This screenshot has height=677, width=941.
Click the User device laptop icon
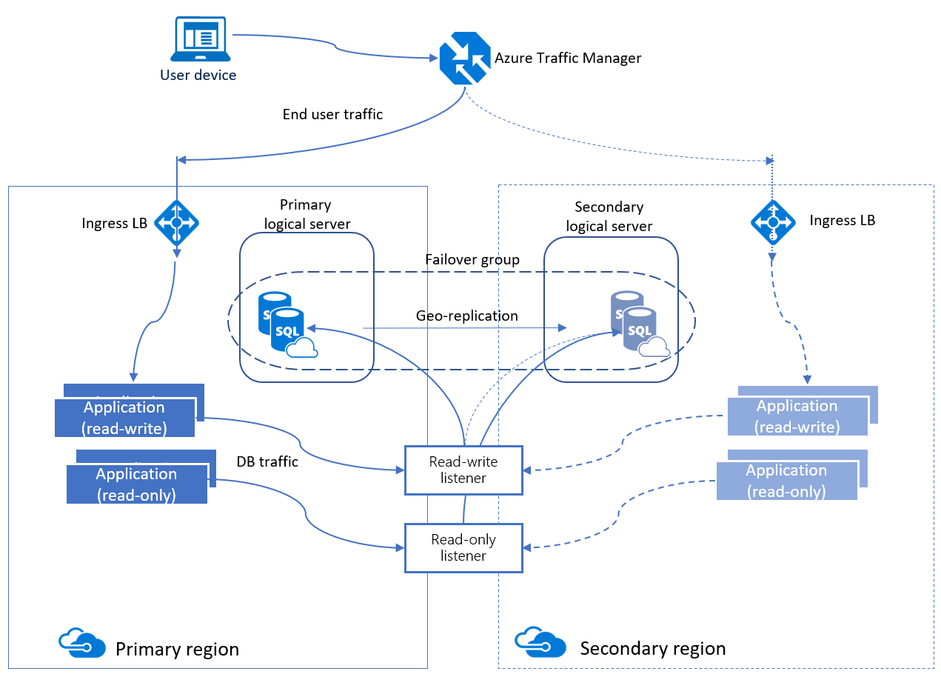point(198,40)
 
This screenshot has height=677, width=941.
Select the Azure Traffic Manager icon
point(464,59)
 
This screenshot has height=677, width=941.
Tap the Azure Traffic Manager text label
point(567,59)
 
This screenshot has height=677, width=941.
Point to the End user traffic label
point(332,114)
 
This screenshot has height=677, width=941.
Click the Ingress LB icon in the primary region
point(176,222)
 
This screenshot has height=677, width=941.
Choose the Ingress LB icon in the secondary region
point(773,221)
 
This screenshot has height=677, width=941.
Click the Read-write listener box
point(463,470)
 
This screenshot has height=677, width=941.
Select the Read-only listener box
point(463,547)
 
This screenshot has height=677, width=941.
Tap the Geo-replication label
point(466,316)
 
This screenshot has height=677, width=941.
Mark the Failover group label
point(472,260)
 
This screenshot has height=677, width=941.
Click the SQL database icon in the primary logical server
point(287,324)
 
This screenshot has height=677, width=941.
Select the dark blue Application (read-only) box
point(136,484)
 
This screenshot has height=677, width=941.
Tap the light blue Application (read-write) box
point(797,416)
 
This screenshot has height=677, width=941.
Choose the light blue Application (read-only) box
point(786,481)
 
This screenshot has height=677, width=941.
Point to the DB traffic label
point(267,462)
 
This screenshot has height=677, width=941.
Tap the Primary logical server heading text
point(307,214)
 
